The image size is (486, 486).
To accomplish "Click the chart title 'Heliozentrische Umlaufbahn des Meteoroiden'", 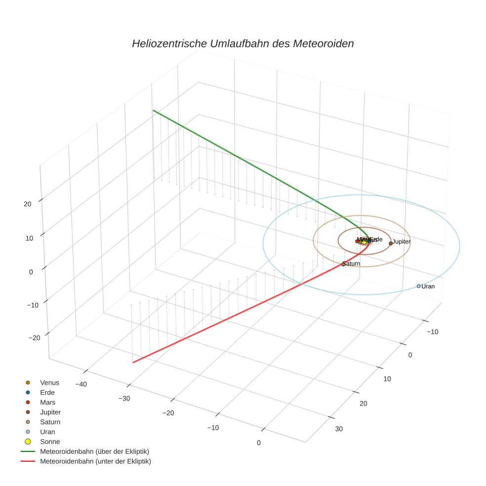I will click(x=243, y=43).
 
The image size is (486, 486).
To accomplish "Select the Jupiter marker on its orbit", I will click(x=391, y=243).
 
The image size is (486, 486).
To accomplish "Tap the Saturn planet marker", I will click(x=343, y=264).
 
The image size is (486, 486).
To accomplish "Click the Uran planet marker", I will click(x=418, y=286).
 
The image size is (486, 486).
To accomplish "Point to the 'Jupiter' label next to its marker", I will click(x=402, y=242).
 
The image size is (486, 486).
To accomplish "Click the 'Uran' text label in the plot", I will click(x=428, y=286).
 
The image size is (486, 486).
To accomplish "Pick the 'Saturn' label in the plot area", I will click(x=352, y=264).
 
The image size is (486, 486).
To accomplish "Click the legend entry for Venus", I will click(x=49, y=382).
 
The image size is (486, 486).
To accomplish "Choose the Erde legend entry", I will click(x=47, y=392).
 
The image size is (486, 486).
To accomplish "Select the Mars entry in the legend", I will click(x=47, y=402).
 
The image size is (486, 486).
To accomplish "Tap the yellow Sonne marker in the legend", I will click(x=28, y=442).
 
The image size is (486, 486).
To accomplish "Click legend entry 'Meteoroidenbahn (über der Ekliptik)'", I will click(x=94, y=451).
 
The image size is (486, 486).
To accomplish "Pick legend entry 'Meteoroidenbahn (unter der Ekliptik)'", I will click(x=95, y=461).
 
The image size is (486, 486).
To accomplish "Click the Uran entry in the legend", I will click(x=47, y=432).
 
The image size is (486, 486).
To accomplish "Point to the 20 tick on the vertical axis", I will click(x=27, y=203).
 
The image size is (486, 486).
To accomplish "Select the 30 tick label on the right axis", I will click(x=339, y=429).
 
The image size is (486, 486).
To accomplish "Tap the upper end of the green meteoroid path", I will click(x=153, y=110).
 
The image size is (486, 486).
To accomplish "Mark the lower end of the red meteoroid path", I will click(x=133, y=363).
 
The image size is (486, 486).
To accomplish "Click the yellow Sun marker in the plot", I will click(x=364, y=242).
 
